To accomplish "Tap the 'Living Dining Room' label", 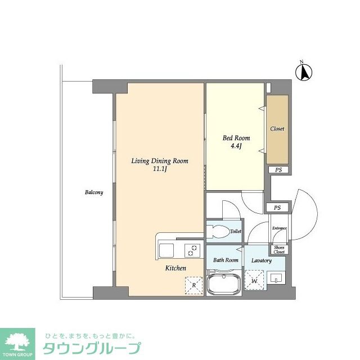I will (160, 161).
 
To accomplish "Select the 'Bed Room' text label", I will (236, 138).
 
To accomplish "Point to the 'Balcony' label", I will (94, 192).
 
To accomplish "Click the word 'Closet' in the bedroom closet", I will (277, 129).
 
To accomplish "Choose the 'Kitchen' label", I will (175, 268).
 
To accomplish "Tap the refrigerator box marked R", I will (194, 285).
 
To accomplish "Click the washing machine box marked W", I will (254, 280).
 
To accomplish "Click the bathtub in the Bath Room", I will (224, 283).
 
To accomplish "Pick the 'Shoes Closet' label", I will (279, 249).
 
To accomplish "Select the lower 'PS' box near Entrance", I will (277, 208).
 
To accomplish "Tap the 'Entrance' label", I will (280, 228).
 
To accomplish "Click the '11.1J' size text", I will (160, 169).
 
